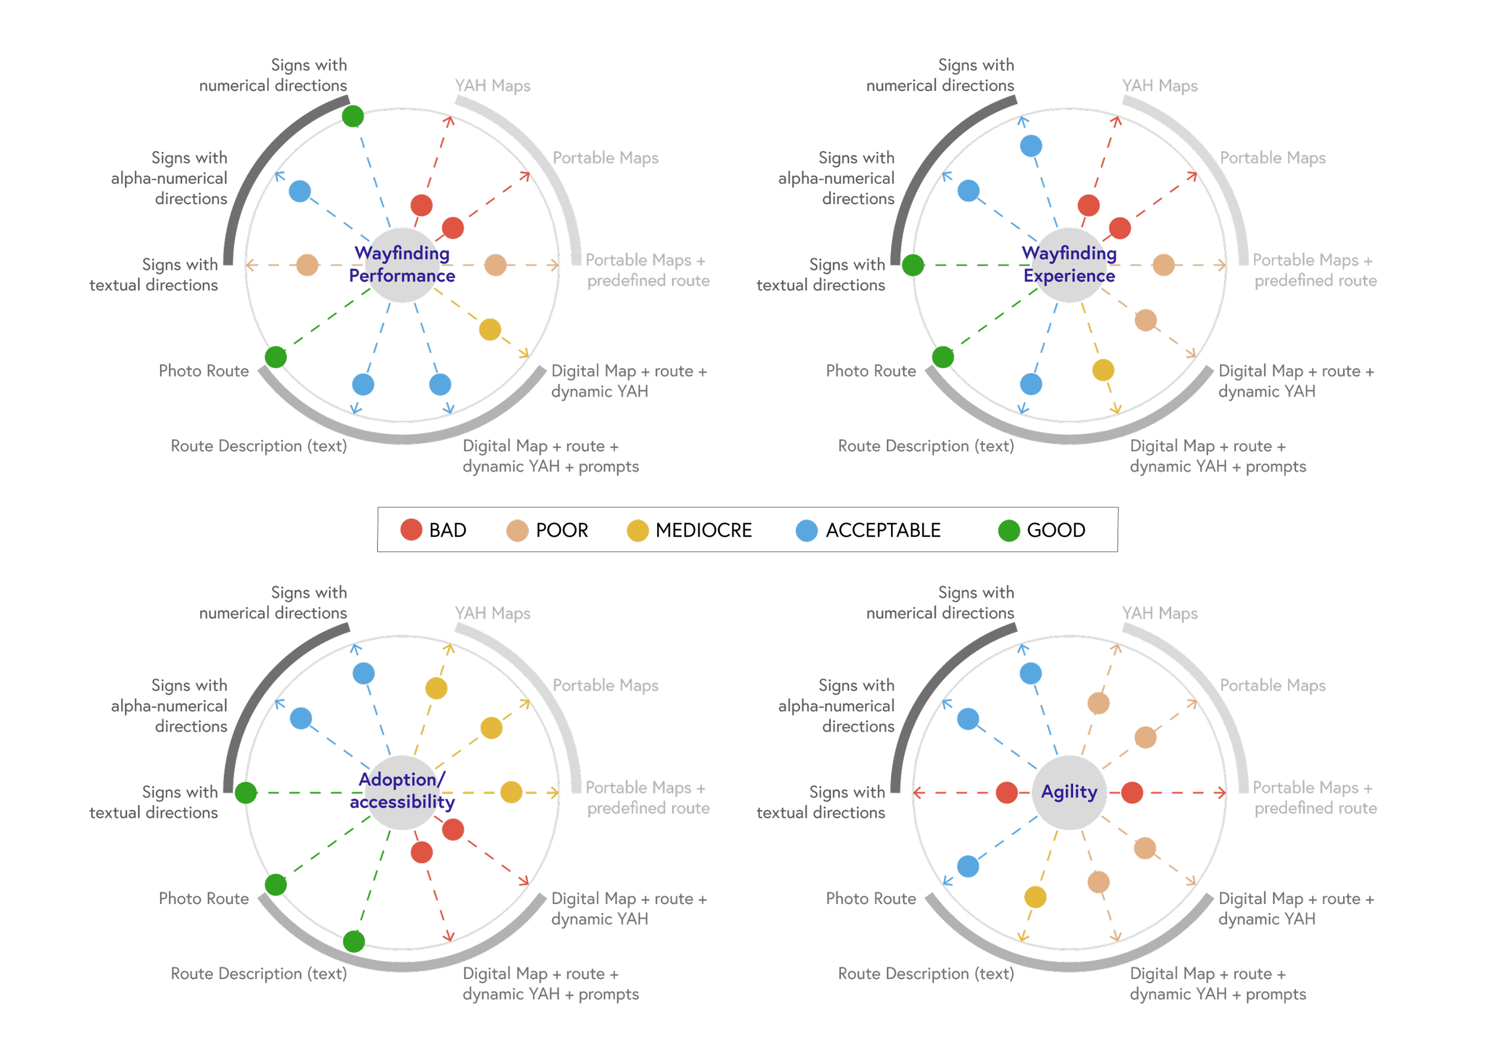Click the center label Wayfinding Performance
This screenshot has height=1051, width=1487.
pos(402,264)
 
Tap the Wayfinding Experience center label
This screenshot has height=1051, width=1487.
pos(1069,264)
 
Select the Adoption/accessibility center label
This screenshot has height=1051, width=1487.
pos(402,791)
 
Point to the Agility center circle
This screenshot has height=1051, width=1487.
pos(1069,792)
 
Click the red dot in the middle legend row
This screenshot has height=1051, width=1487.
pos(411,530)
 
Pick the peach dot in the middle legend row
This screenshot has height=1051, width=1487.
pos(517,531)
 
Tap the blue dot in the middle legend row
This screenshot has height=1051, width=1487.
pos(807,531)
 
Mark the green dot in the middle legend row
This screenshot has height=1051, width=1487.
pos(1009,531)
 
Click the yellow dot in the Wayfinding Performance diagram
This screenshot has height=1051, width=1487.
pos(490,329)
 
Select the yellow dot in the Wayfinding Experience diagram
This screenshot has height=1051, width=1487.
pos(1103,370)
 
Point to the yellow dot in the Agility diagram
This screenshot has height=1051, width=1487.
pos(1035,897)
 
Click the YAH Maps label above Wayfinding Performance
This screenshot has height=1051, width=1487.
pos(492,86)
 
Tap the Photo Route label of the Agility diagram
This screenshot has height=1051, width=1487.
pos(870,899)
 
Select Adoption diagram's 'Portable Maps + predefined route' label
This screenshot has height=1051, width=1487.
pos(648,798)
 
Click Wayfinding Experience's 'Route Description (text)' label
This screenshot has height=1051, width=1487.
pos(926,446)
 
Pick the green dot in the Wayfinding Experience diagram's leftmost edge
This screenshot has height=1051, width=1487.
pos(912,265)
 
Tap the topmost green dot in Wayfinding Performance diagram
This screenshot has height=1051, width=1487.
pos(353,117)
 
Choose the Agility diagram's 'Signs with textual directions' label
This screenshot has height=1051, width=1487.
pos(821,802)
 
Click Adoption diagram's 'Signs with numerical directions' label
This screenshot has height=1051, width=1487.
pos(273,603)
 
